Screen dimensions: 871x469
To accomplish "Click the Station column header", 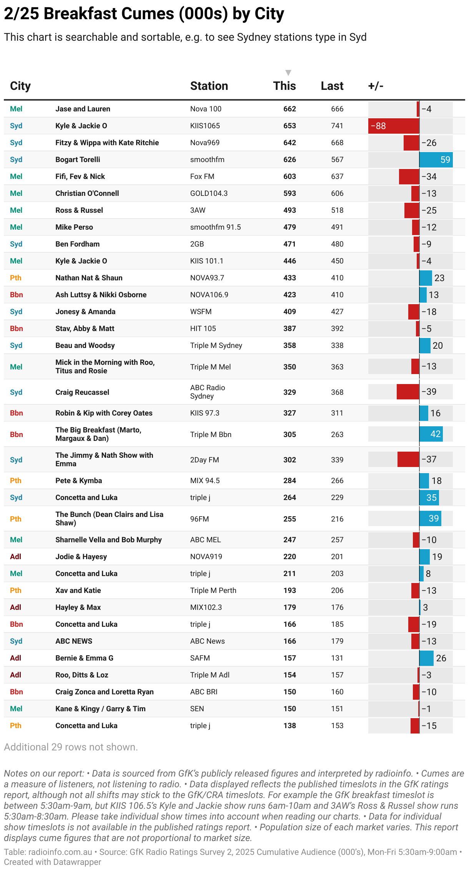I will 209,86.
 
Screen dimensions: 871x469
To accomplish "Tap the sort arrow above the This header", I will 288,73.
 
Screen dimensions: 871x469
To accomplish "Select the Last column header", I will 332,86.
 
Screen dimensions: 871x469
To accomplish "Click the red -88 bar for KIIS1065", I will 394,126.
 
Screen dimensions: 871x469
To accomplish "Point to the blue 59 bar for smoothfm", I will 436,160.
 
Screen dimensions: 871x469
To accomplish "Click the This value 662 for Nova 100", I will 289,109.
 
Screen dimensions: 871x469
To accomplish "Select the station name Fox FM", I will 202,177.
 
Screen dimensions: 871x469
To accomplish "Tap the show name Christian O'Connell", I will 87,194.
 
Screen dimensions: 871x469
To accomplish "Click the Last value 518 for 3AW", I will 337,210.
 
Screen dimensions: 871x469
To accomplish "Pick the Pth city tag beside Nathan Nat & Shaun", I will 16,278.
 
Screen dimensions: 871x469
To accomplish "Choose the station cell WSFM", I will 201,312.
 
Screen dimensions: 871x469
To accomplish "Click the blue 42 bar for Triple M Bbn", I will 431,434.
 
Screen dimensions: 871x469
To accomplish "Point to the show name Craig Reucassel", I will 82,392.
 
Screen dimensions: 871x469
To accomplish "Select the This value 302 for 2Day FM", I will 289,460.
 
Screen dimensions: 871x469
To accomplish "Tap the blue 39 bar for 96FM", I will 430,519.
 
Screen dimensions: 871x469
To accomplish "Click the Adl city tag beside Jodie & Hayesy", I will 16,557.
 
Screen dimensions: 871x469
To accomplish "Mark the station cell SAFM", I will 200,658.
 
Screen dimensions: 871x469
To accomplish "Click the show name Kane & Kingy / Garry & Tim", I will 100,709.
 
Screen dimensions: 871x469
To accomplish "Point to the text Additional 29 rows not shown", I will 71,747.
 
